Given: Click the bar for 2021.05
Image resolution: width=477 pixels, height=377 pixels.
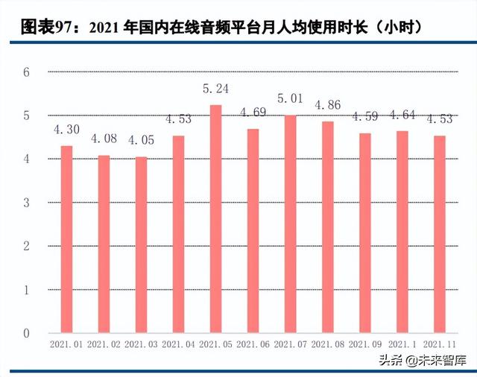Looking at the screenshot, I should pyautogui.click(x=215, y=219).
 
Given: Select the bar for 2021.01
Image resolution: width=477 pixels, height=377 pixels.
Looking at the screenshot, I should pyautogui.click(x=66, y=239).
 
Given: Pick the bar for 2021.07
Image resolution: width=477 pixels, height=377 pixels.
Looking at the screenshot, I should pyautogui.click(x=290, y=224).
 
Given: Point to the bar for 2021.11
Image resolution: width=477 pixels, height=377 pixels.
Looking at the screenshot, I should pyautogui.click(x=439, y=235).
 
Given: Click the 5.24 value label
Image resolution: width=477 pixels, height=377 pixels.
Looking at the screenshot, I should pyautogui.click(x=216, y=89).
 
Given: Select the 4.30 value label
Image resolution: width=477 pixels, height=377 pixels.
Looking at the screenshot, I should pyautogui.click(x=66, y=129).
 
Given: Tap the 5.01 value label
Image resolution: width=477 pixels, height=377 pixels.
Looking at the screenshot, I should pyautogui.click(x=290, y=98).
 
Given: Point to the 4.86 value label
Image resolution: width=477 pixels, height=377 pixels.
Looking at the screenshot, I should pyautogui.click(x=328, y=105).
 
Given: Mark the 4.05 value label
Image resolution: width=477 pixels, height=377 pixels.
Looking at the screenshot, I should pyautogui.click(x=141, y=140).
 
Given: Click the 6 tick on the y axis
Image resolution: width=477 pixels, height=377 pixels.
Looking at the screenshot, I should pyautogui.click(x=26, y=72).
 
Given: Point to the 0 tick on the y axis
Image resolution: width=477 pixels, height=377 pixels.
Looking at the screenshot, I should pyautogui.click(x=26, y=333).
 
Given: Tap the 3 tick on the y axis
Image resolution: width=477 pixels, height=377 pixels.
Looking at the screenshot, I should pyautogui.click(x=26, y=203).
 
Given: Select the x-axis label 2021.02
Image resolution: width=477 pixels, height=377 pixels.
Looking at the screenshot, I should pyautogui.click(x=104, y=345).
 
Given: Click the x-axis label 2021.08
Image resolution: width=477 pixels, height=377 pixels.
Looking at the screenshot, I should pyautogui.click(x=327, y=345).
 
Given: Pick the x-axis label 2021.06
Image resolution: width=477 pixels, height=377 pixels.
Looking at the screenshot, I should pyautogui.click(x=253, y=345).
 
